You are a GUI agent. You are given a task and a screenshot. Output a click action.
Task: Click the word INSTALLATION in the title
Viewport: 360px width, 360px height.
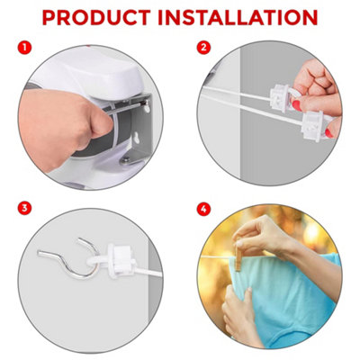tap(243, 17)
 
